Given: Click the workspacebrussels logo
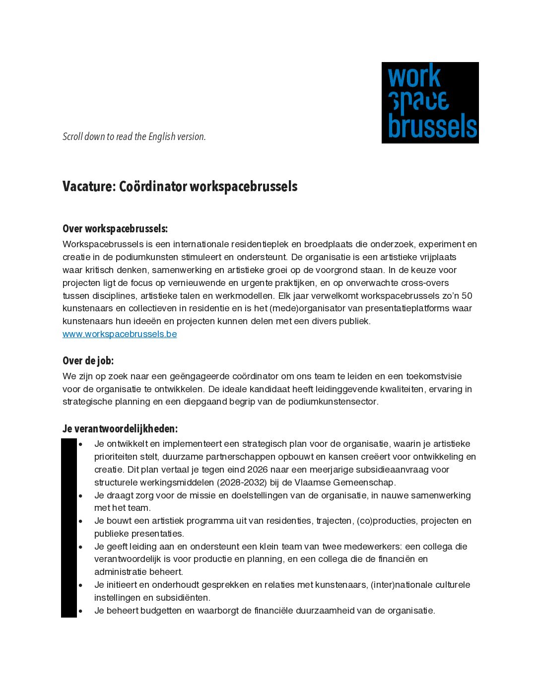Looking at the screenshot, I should click(430, 103).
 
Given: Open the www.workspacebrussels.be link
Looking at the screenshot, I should click(120, 334).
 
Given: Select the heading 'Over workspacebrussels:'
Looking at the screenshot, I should click(115, 229).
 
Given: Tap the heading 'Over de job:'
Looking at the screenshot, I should click(88, 361).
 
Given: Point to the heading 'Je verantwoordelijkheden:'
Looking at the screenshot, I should click(120, 429).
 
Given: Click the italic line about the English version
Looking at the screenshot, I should click(134, 137).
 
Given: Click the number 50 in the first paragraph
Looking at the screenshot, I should click(467, 296).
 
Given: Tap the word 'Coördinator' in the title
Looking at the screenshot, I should click(153, 187).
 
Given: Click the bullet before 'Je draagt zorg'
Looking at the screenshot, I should click(80, 495).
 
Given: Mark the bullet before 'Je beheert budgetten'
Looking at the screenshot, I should click(80, 611).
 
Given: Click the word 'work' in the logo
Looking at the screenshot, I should click(414, 77).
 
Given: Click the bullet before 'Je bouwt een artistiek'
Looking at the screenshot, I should click(80, 521).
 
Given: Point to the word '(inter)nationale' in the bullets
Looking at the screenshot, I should click(402, 585).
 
